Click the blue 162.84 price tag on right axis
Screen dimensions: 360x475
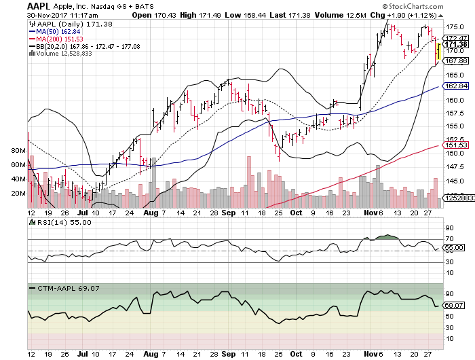454,86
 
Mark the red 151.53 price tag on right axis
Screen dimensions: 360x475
454,145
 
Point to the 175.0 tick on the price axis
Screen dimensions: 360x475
453,26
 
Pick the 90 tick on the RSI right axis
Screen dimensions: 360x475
449,228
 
